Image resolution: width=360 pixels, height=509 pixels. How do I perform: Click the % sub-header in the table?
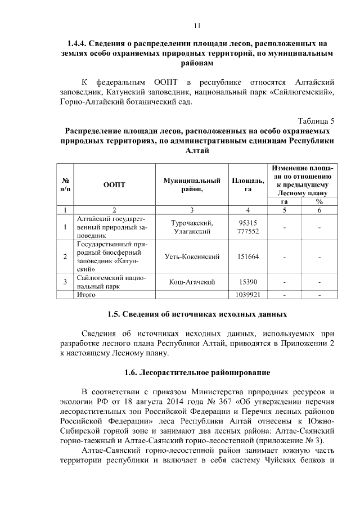(x=319, y=201)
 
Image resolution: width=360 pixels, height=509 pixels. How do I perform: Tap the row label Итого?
(x=87, y=294)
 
